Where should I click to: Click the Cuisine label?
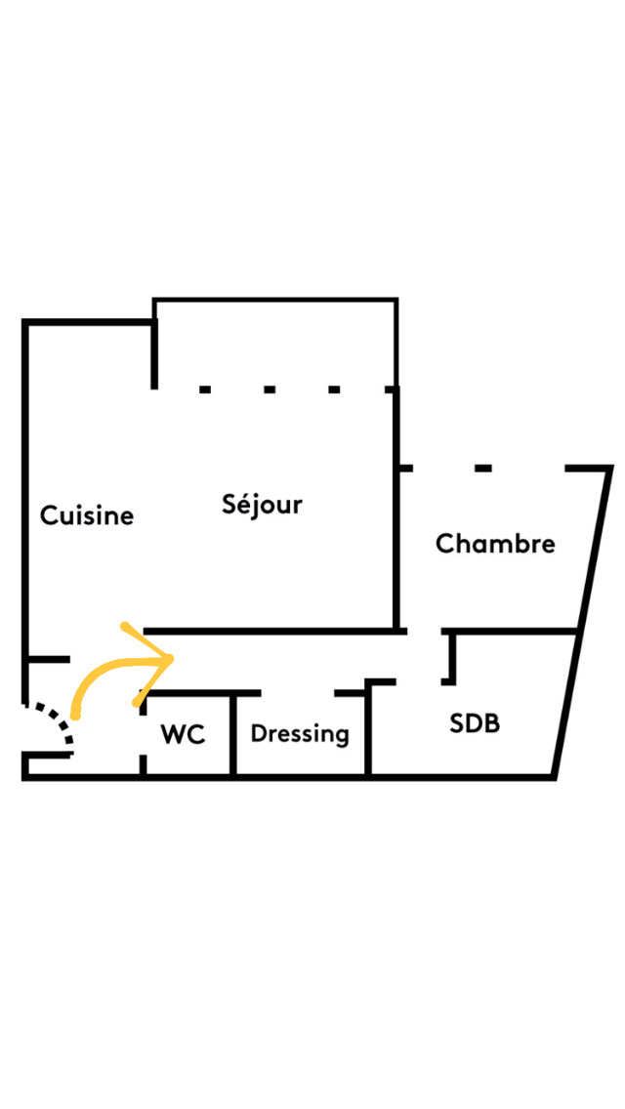pyautogui.click(x=86, y=515)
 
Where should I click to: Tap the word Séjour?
pyautogui.click(x=262, y=505)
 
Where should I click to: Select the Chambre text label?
pyautogui.click(x=495, y=544)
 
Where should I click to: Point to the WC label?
pyautogui.click(x=184, y=735)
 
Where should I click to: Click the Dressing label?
pyautogui.click(x=300, y=733)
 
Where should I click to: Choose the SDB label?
pyautogui.click(x=475, y=723)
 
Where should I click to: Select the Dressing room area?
pyautogui.click(x=301, y=757)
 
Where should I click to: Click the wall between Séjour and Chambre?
pyautogui.click(x=396, y=547)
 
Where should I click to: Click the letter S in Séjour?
pyautogui.click(x=229, y=505)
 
